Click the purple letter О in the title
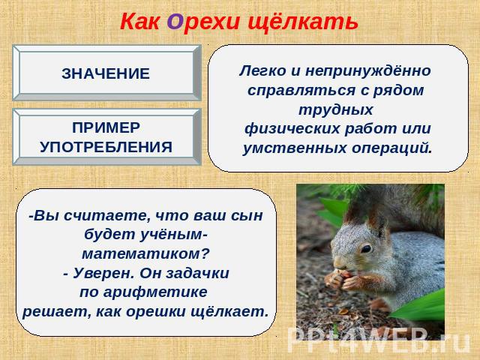point(175,22)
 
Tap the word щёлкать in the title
point(303,22)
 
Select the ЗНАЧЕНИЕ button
point(106,73)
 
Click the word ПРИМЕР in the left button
point(106,127)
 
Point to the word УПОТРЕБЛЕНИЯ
point(106,147)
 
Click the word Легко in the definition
point(262,72)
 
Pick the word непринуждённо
point(368,72)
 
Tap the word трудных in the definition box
point(336,109)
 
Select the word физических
point(292,128)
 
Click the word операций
point(391,148)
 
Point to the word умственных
point(295,148)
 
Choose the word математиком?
point(146,253)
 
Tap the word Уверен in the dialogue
point(103,273)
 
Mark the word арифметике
point(155,292)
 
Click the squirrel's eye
point(366,248)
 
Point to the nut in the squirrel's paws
point(343,274)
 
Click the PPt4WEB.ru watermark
point(379,340)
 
